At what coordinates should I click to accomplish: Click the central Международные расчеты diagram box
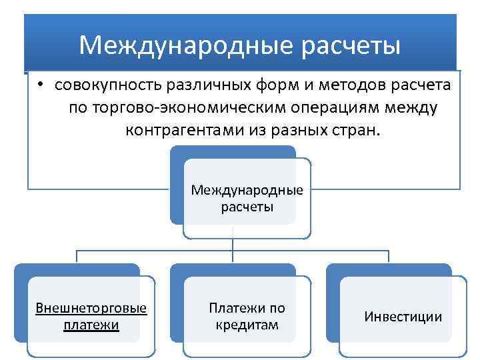247,199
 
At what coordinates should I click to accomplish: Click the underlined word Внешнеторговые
91,309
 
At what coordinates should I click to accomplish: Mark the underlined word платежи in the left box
91,325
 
